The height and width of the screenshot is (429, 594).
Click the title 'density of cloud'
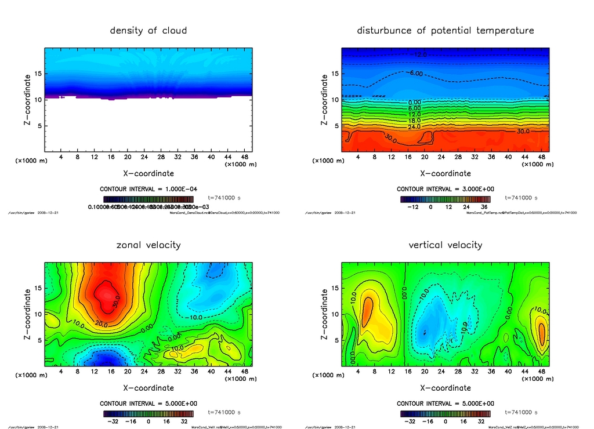pos(148,31)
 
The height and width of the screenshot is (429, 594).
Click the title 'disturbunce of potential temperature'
pos(445,31)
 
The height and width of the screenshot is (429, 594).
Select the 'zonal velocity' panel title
pos(148,245)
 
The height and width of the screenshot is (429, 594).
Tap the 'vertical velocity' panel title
pos(445,245)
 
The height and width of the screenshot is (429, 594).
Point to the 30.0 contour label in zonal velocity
pos(115,303)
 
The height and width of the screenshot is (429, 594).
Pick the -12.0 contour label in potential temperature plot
pos(419,55)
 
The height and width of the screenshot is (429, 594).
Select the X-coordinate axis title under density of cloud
pos(148,173)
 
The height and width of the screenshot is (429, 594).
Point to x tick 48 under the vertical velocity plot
pos(541,372)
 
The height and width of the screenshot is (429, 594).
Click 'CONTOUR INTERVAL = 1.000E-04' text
pos(148,189)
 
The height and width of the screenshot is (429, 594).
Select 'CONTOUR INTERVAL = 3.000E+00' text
pos(445,189)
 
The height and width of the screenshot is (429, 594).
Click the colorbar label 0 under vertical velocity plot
pos(445,421)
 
